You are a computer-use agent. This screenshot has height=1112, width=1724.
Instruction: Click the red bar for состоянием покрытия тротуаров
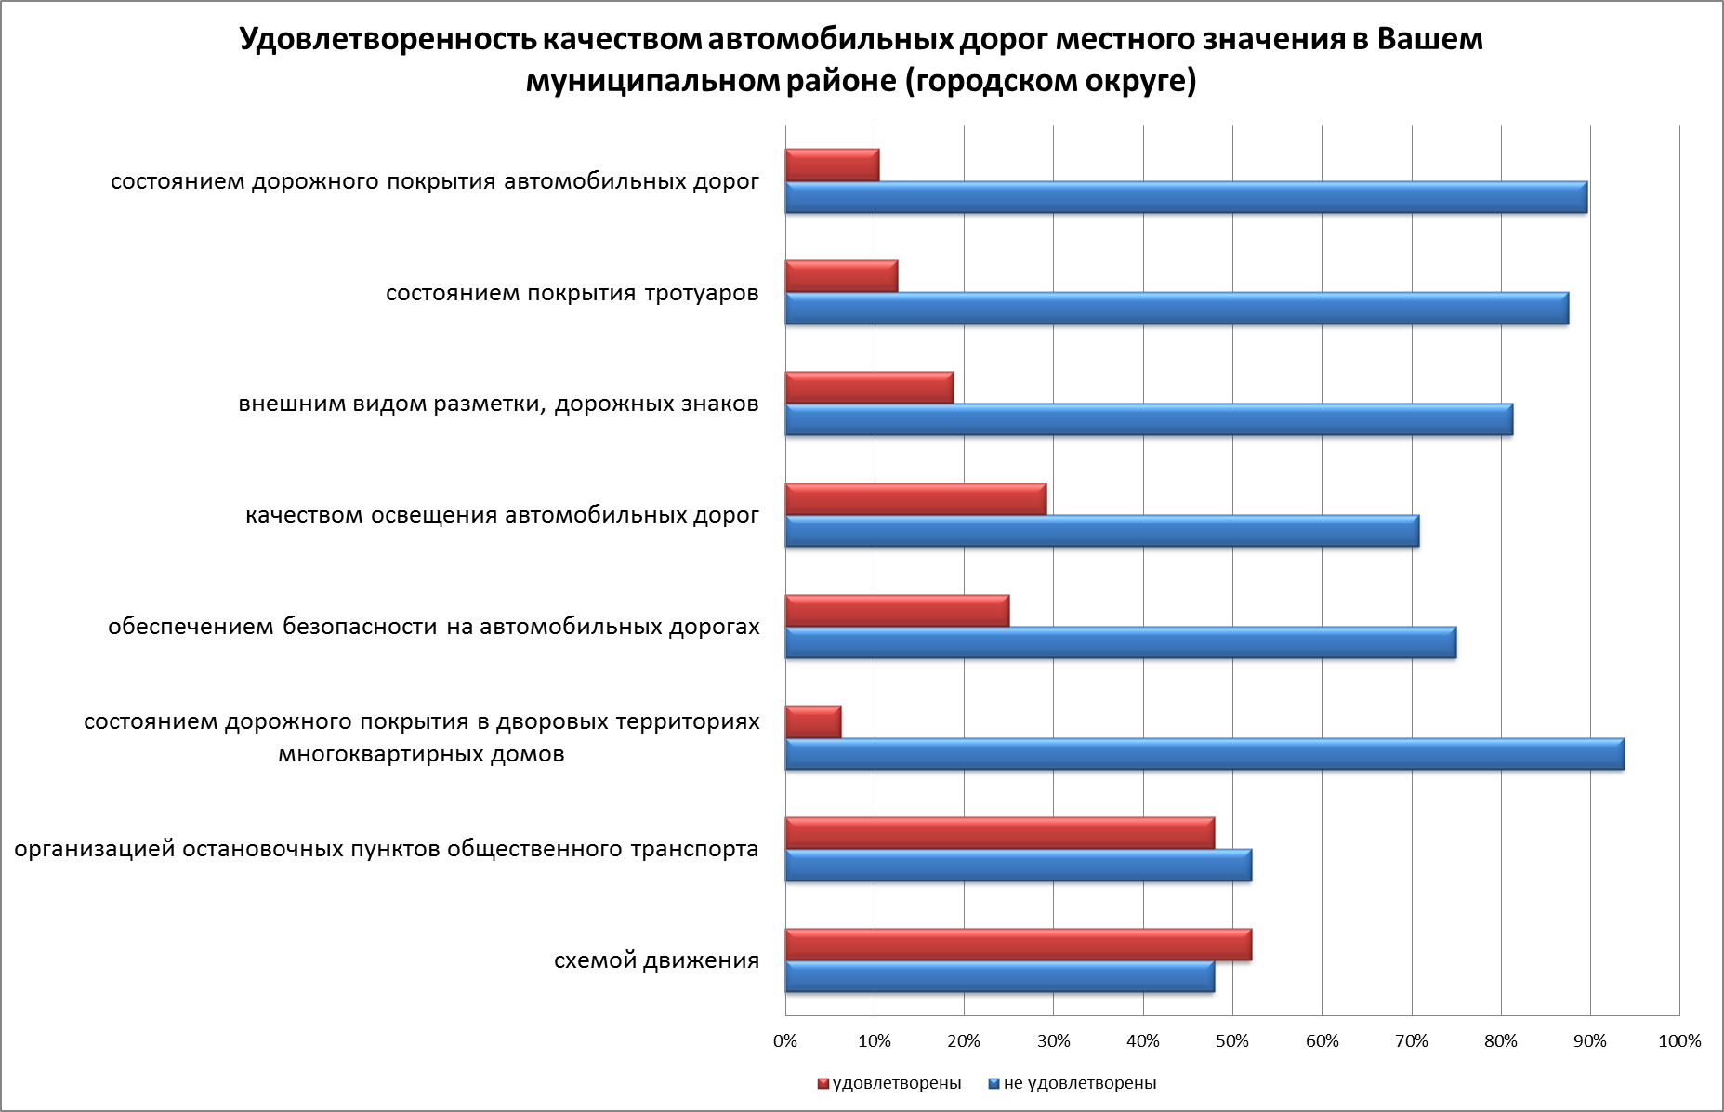[x=841, y=276]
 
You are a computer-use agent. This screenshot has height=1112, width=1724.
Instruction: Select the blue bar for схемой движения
[x=1000, y=977]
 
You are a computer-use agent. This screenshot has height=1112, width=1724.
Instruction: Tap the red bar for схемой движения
[x=1019, y=945]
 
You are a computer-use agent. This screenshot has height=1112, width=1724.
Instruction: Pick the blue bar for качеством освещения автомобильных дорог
[x=1102, y=531]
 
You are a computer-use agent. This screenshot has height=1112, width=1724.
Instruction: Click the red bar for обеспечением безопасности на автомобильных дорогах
[x=897, y=611]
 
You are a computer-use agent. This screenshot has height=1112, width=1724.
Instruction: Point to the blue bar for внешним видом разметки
[x=1149, y=419]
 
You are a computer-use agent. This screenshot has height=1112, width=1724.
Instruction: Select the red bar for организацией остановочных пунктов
[x=1000, y=833]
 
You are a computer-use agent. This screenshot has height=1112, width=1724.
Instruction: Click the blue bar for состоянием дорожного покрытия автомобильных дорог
[x=1186, y=197]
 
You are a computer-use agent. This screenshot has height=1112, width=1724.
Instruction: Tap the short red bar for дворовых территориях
[x=813, y=721]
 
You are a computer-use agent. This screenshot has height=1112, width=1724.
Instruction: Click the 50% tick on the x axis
[x=1232, y=1041]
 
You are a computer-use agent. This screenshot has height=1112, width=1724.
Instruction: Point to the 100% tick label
[x=1679, y=1041]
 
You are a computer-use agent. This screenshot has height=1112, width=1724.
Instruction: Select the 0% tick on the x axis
[x=785, y=1041]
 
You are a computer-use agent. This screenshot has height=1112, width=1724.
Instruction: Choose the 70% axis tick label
[x=1412, y=1041]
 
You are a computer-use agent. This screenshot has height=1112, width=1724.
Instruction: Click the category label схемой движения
[x=656, y=960]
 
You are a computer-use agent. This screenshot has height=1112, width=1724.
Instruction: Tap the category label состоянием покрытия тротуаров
[x=572, y=294]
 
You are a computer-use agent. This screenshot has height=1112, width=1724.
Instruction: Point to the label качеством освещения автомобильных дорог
[x=502, y=515]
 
